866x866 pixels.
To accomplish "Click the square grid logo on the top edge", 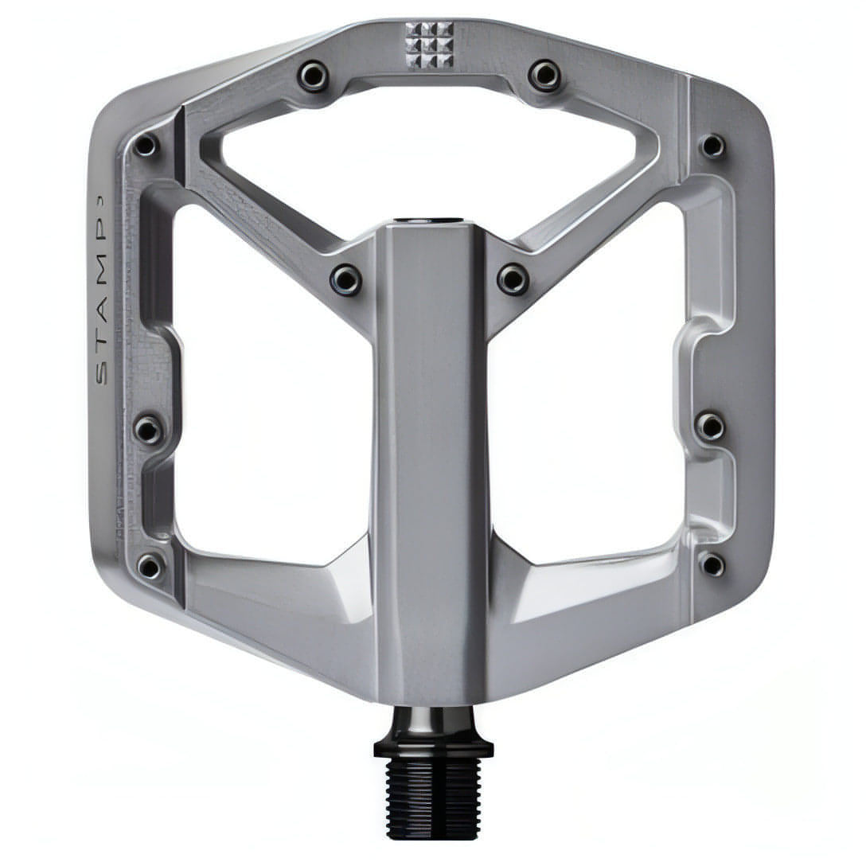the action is click(x=429, y=45).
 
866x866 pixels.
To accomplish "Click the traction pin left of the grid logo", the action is click(x=314, y=75).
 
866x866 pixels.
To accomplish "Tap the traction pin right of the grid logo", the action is click(x=544, y=74).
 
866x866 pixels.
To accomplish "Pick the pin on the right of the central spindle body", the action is click(x=513, y=279).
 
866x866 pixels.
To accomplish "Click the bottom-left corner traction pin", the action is click(x=150, y=566).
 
